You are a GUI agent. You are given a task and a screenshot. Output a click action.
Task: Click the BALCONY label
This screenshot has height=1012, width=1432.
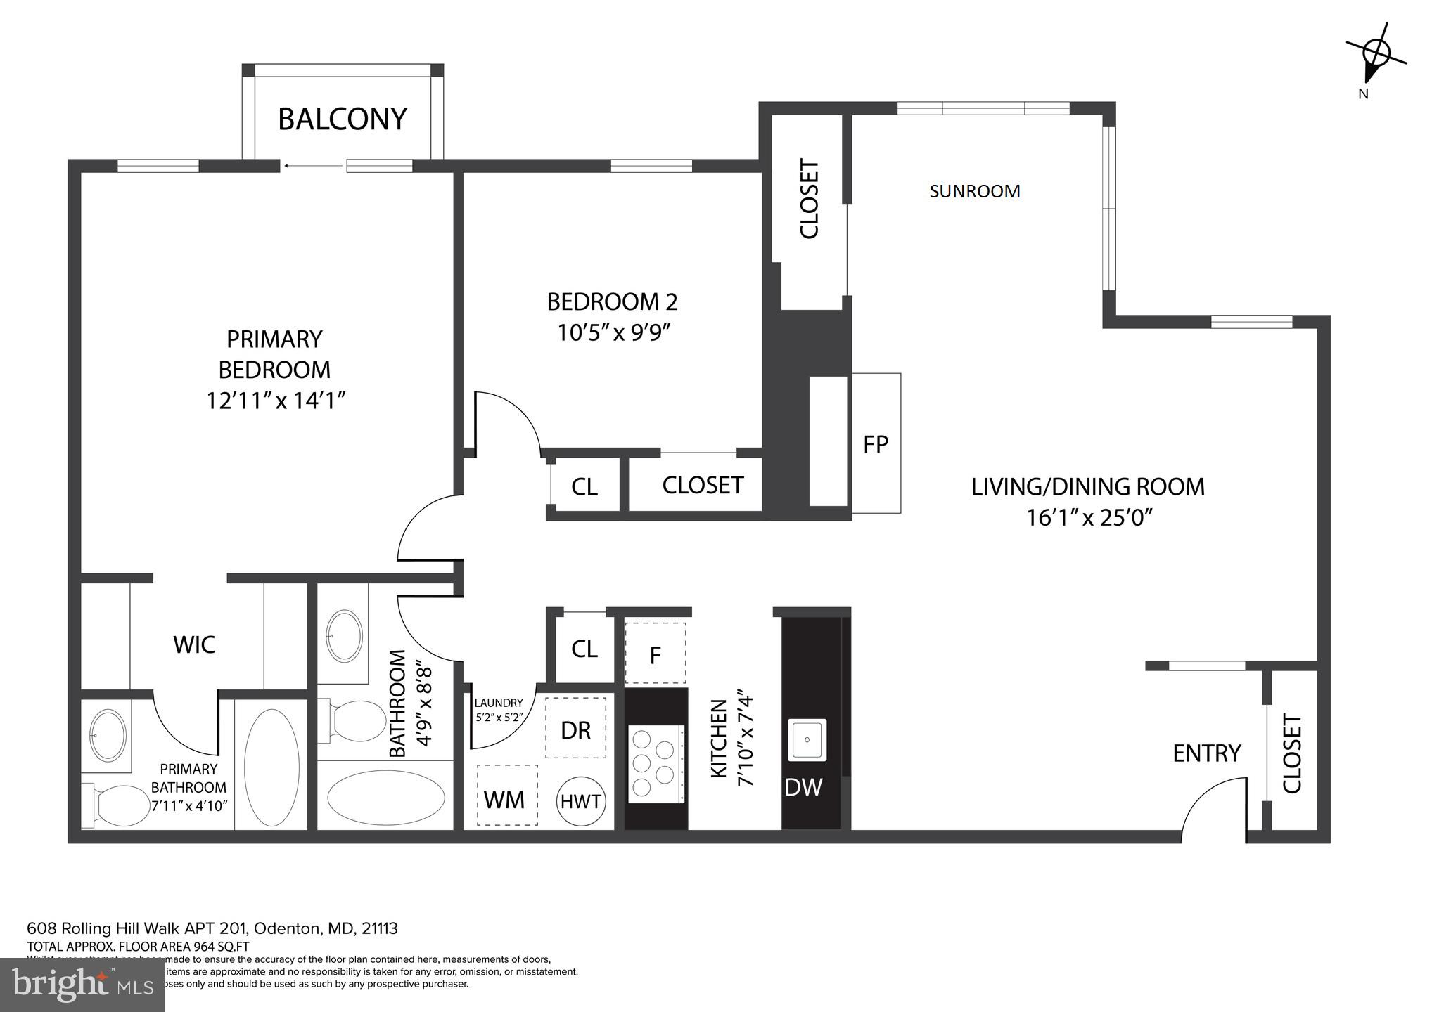coord(343,119)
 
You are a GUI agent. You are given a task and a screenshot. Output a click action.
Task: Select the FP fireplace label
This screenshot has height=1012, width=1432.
coord(876,444)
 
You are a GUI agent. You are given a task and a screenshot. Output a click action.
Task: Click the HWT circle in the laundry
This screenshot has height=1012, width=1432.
coord(580,801)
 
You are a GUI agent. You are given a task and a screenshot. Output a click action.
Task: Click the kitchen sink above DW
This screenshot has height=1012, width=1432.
coord(807,740)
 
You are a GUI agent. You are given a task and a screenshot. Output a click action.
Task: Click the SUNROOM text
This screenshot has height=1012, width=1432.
coord(974,191)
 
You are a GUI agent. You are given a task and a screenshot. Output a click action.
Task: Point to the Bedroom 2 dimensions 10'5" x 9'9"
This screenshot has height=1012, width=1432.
coord(612,332)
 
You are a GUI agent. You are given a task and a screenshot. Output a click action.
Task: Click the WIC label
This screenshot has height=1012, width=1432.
coord(194,644)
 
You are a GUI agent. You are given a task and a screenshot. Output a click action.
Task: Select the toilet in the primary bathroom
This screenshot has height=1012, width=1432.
coord(116,805)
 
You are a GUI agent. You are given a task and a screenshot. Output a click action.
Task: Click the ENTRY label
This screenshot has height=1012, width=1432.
coord(1206,753)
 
